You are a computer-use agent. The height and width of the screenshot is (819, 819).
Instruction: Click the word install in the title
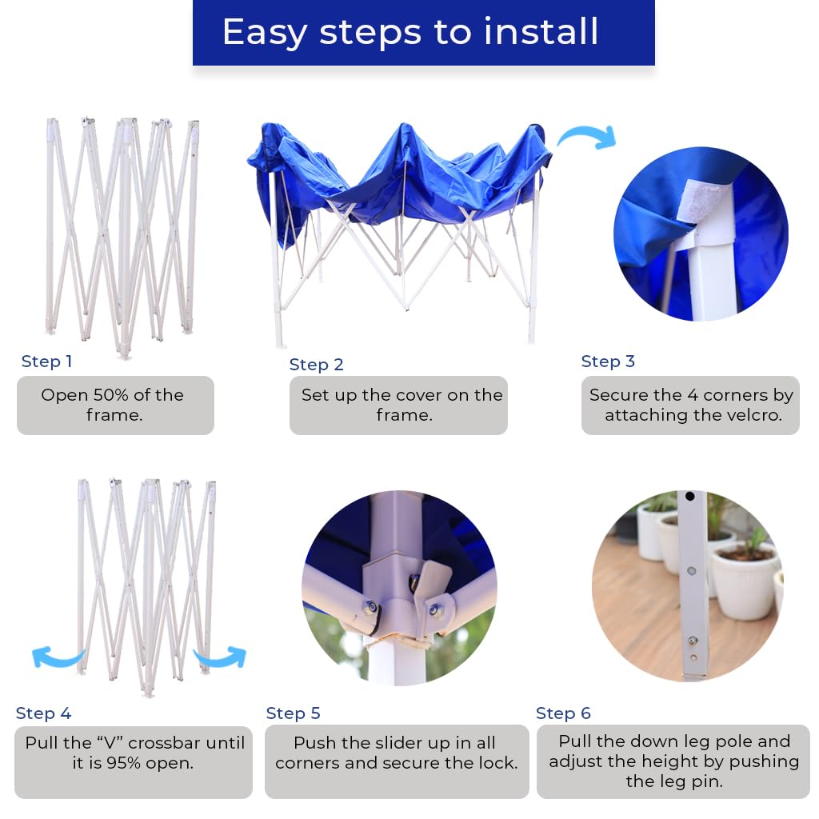[541, 31]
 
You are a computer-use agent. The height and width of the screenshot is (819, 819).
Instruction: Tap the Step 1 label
[46, 361]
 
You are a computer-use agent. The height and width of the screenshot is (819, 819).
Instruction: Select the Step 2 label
[316, 364]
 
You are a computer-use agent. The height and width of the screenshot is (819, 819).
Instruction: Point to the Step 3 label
[608, 361]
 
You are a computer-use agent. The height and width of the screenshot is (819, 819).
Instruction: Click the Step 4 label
[43, 713]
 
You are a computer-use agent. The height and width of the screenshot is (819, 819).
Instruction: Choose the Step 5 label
[293, 713]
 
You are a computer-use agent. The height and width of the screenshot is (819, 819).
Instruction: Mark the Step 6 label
[563, 713]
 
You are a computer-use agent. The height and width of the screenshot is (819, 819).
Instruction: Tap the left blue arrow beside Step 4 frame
[57, 657]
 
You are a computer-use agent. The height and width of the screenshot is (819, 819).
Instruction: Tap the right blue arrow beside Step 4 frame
[222, 657]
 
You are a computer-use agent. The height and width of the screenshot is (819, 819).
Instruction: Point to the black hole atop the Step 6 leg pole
[690, 496]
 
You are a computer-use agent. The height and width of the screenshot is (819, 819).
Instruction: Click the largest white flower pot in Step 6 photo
[744, 579]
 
